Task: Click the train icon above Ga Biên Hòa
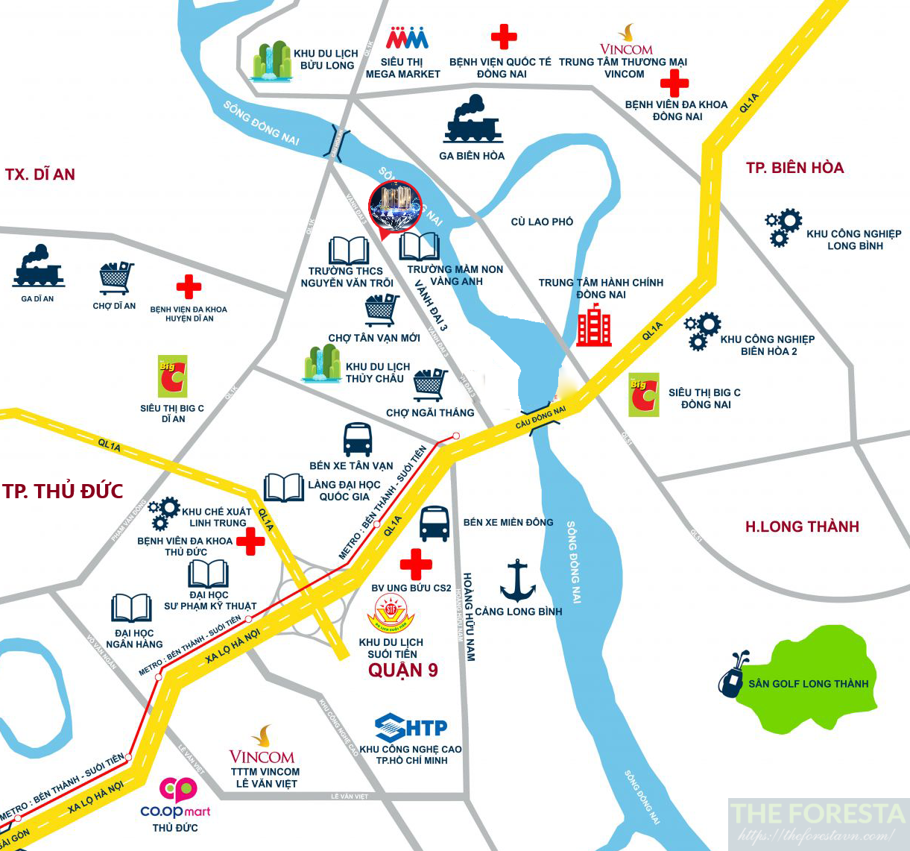click(x=473, y=121)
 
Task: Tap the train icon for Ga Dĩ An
click(x=38, y=267)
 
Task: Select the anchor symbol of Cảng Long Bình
click(x=517, y=581)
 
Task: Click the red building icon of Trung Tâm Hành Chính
click(x=594, y=325)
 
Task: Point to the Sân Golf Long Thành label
click(x=809, y=683)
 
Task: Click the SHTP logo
click(x=411, y=728)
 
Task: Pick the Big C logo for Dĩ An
click(x=172, y=376)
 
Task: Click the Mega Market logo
click(x=407, y=38)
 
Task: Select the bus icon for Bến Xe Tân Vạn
click(x=358, y=439)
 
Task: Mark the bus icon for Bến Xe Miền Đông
click(x=435, y=524)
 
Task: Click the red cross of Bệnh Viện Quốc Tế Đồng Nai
click(x=504, y=37)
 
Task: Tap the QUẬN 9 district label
click(x=403, y=670)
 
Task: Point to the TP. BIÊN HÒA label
click(x=795, y=168)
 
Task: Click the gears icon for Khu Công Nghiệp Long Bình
click(x=783, y=227)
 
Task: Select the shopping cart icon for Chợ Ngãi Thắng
click(x=430, y=385)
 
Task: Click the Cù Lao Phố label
click(x=542, y=222)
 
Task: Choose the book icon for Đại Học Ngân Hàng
click(x=132, y=609)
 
